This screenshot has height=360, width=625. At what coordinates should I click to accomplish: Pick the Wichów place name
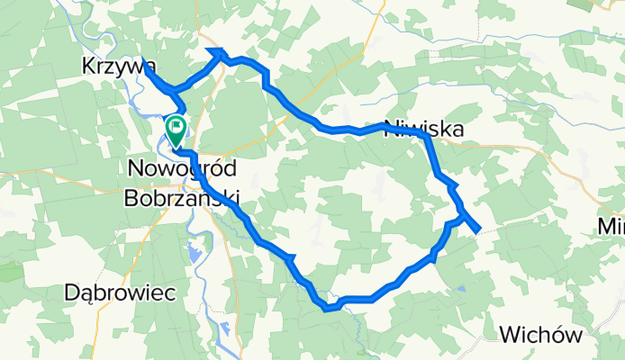tap(540, 335)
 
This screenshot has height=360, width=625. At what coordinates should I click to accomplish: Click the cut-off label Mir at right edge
tap(612, 229)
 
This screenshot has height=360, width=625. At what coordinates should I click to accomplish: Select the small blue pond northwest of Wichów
tap(461, 290)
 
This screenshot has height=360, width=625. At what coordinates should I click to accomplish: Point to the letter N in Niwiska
tap(392, 130)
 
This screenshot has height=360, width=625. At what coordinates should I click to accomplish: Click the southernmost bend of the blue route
tap(329, 309)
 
